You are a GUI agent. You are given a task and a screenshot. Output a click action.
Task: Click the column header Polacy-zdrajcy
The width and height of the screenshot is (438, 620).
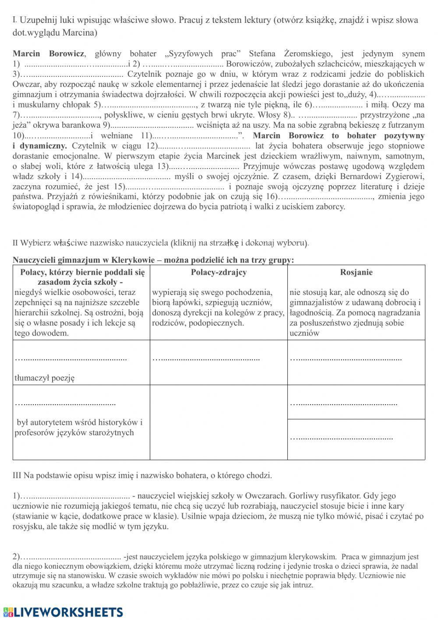tap(219, 272)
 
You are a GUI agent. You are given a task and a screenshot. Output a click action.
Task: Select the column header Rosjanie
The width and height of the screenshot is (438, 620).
tap(356, 272)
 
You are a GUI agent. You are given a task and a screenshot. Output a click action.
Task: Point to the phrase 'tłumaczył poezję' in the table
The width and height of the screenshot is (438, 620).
tap(45, 377)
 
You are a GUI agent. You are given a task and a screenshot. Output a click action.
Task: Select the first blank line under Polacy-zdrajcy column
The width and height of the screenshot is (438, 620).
tap(206, 359)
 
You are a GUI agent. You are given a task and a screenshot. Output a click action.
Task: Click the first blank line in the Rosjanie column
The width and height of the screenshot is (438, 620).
tap(346, 359)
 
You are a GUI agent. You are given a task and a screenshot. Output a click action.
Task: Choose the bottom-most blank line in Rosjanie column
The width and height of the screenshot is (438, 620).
tap(341, 438)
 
